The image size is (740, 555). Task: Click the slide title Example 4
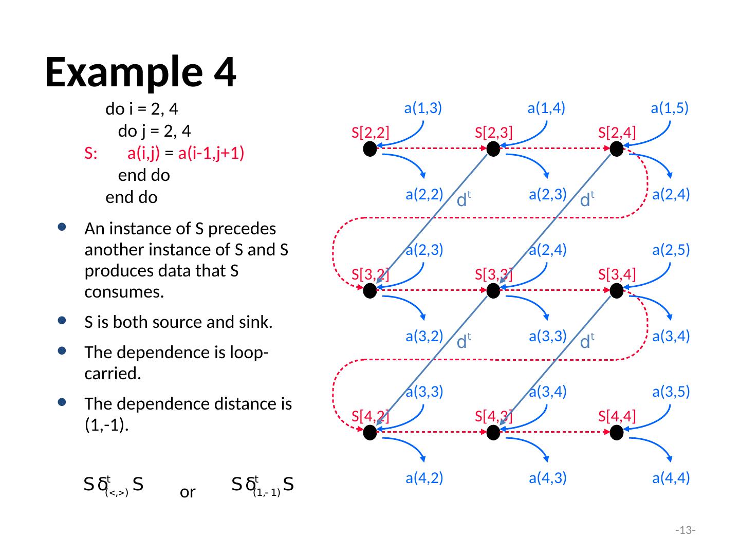(x=140, y=72)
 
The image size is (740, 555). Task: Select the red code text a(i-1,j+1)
(x=211, y=154)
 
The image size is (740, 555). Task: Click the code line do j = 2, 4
(x=155, y=132)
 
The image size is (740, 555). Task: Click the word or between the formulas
(x=188, y=493)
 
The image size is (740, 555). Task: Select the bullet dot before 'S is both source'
(x=62, y=322)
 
